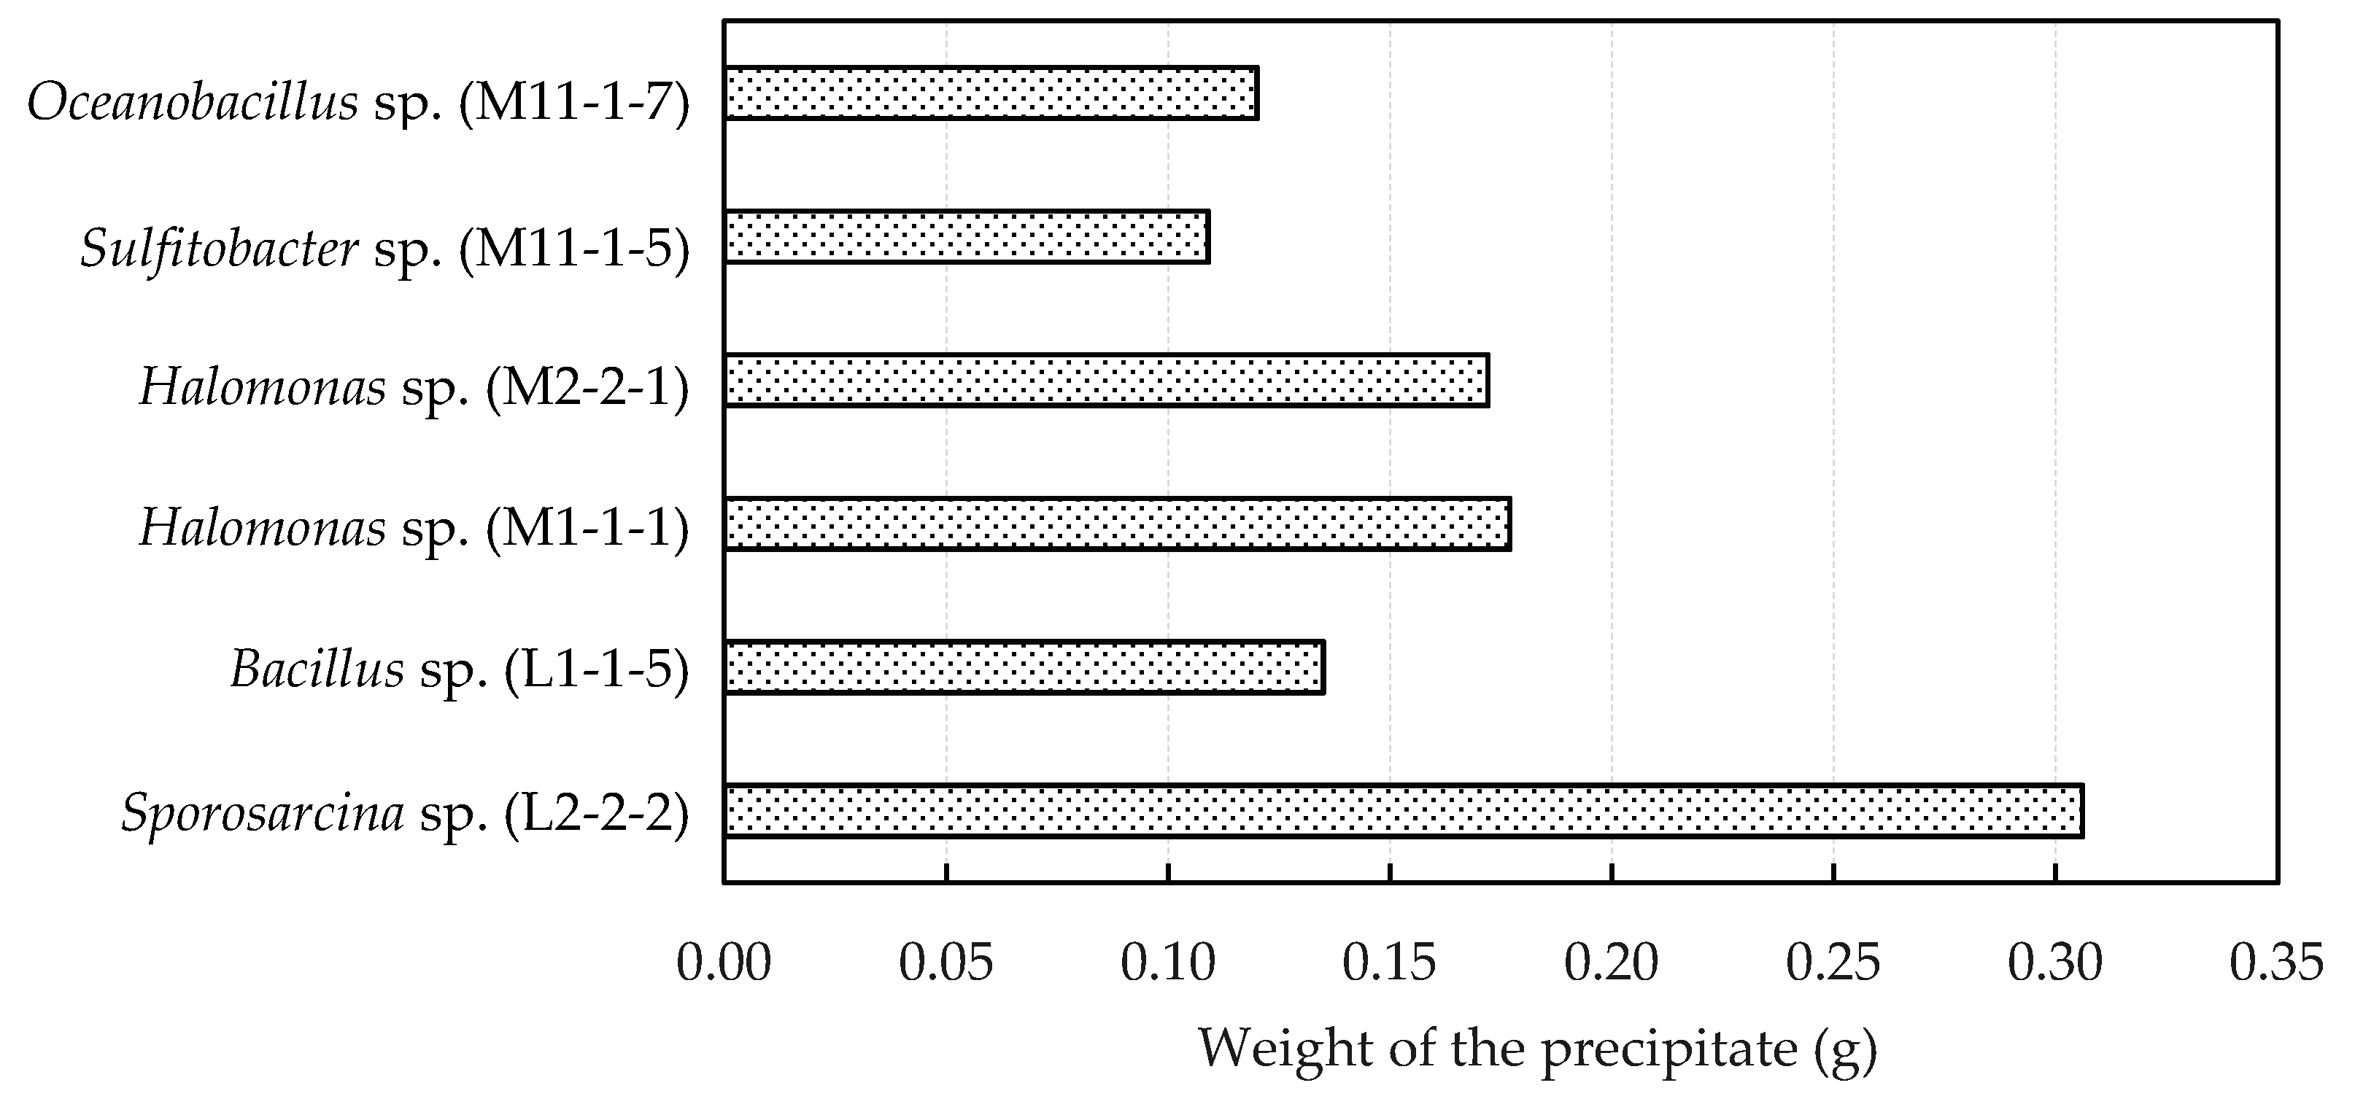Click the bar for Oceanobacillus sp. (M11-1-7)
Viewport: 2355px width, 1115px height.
pos(991,93)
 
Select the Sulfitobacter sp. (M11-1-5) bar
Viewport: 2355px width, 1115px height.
pos(967,238)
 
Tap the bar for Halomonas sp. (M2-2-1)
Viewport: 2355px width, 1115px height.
pos(1106,380)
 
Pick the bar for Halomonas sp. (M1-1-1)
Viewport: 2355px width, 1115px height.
pos(1117,524)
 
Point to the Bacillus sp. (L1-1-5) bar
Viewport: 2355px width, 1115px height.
pos(1024,668)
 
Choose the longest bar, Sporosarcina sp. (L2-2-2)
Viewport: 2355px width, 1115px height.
pos(1404,811)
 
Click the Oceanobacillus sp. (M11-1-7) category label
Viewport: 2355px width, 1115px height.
pos(358,102)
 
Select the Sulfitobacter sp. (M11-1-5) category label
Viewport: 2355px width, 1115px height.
pos(385,249)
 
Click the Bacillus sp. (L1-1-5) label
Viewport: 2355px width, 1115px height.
pos(459,671)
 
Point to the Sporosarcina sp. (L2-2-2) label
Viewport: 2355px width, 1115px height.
pos(405,813)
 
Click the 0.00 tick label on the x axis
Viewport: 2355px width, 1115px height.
pos(724,964)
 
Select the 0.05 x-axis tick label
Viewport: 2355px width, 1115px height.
pos(946,964)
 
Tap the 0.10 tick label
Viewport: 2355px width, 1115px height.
pos(1167,964)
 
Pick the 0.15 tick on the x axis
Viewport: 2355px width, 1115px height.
pos(1390,964)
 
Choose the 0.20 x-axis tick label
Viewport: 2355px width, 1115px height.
pos(1612,964)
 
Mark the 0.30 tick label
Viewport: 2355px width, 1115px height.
pos(2055,964)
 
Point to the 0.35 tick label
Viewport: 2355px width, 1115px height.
pos(2276,964)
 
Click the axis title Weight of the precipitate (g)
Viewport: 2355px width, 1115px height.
pos(1538,1049)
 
